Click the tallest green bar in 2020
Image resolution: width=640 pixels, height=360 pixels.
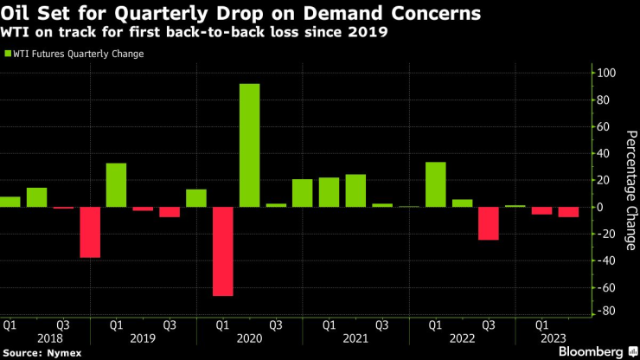(249, 145)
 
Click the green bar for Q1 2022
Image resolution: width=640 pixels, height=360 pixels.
(435, 184)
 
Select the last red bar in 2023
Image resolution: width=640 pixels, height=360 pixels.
(568, 212)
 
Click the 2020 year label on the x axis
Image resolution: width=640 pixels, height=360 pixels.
(250, 339)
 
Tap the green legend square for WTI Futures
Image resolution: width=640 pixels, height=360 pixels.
(9, 54)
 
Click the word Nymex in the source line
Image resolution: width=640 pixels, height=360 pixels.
(59, 353)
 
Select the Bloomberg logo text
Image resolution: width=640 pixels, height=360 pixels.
(588, 352)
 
